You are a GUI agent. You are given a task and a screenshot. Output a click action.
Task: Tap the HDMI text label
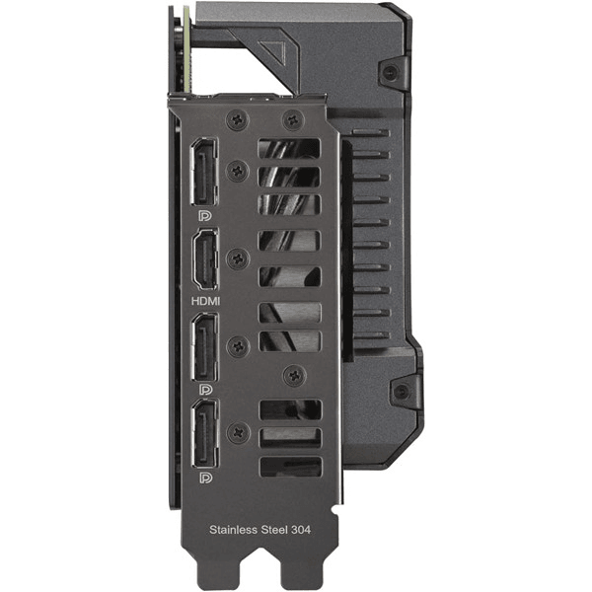(205, 301)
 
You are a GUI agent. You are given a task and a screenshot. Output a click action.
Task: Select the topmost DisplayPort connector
(205, 172)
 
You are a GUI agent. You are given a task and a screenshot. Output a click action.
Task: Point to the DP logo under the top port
(205, 216)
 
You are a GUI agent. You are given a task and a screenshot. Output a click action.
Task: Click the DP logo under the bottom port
(206, 478)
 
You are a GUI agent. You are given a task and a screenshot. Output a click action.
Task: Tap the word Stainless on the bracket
(233, 530)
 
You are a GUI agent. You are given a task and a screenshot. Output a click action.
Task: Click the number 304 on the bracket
(301, 530)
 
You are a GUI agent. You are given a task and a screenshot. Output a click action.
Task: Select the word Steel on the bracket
(273, 530)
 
